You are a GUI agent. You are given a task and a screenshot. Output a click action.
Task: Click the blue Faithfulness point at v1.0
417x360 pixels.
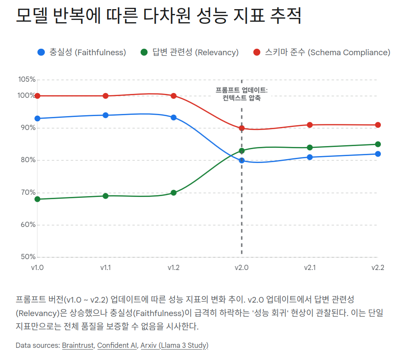click(37, 118)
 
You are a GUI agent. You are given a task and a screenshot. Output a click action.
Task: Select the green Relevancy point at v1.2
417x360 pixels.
click(173, 193)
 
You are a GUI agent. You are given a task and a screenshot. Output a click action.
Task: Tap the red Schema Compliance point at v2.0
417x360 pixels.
click(242, 128)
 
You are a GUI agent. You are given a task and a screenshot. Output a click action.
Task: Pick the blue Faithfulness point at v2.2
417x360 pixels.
click(378, 154)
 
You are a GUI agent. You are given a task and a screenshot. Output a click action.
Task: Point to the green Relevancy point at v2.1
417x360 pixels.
click(309, 147)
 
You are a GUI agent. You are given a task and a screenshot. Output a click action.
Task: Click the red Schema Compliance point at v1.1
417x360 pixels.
click(105, 96)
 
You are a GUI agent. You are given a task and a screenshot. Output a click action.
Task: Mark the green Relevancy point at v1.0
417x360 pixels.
click(37, 199)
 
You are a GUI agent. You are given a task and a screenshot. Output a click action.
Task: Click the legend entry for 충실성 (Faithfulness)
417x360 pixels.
click(82, 52)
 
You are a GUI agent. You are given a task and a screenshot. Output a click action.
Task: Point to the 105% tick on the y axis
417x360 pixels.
click(27, 80)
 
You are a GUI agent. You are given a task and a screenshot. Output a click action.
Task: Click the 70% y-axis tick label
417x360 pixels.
click(27, 193)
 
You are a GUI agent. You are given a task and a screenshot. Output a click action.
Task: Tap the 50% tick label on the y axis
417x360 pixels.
click(27, 257)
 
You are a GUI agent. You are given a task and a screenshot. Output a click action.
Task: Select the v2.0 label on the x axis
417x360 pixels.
click(242, 267)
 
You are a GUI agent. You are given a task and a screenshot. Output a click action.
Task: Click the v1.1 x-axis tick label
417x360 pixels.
click(105, 267)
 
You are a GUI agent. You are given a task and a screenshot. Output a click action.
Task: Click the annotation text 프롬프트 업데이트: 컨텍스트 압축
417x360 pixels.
click(242, 94)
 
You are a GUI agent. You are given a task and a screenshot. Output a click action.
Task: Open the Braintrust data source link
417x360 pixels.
click(78, 345)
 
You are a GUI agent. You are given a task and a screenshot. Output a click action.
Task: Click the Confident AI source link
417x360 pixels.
click(116, 345)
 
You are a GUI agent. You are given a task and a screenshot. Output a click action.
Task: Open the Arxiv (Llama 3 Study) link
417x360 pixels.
click(174, 345)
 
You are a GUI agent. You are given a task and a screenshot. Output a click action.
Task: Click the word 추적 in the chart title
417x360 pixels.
click(286, 17)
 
